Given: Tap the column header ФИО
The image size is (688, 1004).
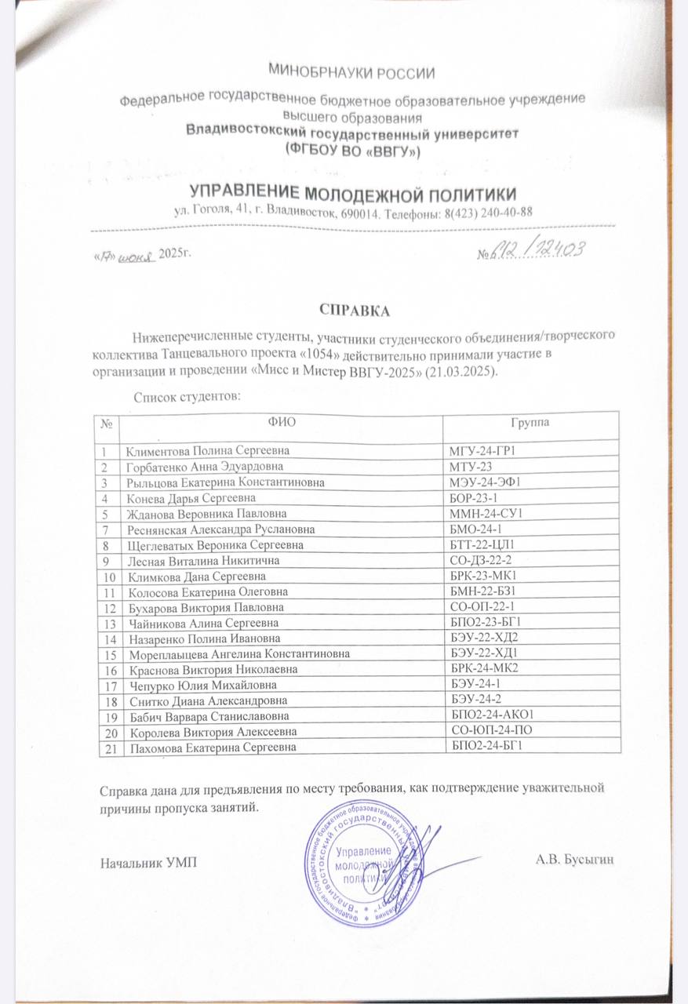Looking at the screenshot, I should pyautogui.click(x=281, y=423).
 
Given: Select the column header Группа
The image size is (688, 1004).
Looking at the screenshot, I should pyautogui.click(x=530, y=423).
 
